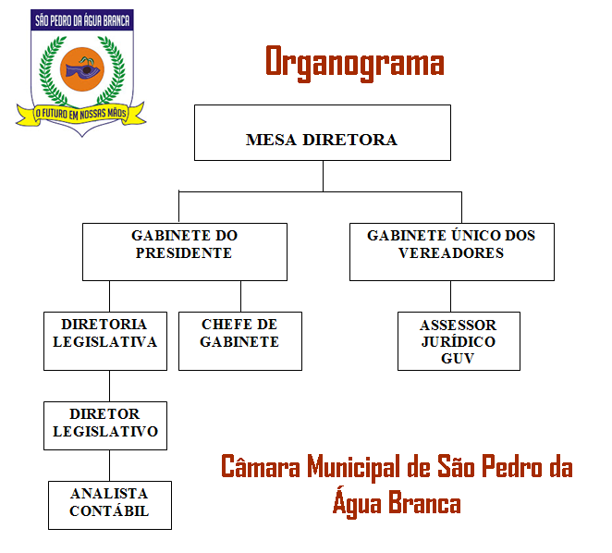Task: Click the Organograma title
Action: coord(355,63)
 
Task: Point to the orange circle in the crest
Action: coord(82,69)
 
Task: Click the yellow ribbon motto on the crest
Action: coord(80,114)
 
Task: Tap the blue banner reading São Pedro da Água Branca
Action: coord(82,20)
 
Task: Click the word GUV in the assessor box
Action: coord(458,358)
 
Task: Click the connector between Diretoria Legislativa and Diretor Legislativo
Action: coord(109,387)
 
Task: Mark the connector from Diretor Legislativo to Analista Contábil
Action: coord(109,466)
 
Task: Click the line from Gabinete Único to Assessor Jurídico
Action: coord(451,297)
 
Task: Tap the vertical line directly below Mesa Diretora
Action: coord(323,176)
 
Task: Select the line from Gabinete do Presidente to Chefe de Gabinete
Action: coord(240,297)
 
